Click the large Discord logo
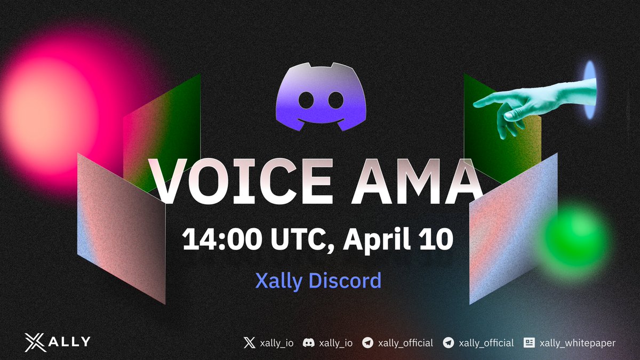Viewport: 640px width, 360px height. pyautogui.click(x=320, y=97)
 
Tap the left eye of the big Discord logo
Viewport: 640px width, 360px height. pyautogui.click(x=305, y=99)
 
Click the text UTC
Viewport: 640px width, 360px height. pyautogui.click(x=299, y=239)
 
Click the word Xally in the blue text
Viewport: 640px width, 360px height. pyautogui.click(x=278, y=281)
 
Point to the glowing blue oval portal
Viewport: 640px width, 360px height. pyautogui.click(x=589, y=90)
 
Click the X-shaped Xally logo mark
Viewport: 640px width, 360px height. pyautogui.click(x=36, y=342)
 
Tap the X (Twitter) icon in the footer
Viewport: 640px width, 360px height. pyautogui.click(x=249, y=343)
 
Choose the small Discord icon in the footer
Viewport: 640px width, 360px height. pyautogui.click(x=308, y=343)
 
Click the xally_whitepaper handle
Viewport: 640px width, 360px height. pyautogui.click(x=578, y=343)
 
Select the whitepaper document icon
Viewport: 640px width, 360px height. pyautogui.click(x=529, y=343)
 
